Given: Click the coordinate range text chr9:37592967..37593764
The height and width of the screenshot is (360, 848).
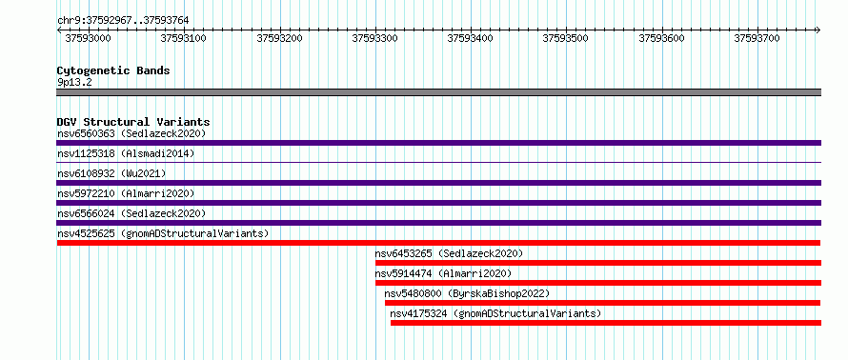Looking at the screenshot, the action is (x=123, y=21).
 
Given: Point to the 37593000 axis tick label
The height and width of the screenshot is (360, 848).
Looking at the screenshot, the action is (x=89, y=38).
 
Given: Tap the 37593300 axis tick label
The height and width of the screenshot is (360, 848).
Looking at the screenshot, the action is (x=375, y=38).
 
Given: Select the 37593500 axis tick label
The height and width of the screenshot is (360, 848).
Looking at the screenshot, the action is (x=566, y=38).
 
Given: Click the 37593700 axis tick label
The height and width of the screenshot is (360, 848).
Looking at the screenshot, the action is (x=757, y=38).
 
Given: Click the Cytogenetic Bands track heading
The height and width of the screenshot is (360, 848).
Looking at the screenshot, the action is (x=113, y=70).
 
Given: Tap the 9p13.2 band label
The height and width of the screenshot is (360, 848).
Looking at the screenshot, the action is (x=74, y=83).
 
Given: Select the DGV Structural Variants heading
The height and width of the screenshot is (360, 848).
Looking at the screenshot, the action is (x=133, y=122).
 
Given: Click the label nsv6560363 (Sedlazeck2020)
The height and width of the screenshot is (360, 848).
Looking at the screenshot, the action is (x=131, y=133).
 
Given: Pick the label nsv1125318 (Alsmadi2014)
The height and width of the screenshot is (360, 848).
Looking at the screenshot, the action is (x=126, y=153).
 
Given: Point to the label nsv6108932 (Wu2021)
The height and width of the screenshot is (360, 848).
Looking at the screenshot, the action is (x=111, y=173).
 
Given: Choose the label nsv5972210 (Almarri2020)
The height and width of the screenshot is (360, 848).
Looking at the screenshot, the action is (x=126, y=193).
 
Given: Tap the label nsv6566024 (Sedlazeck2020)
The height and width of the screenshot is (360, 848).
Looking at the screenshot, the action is (x=131, y=213).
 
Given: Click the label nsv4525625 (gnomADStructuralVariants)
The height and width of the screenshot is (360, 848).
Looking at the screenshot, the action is (x=163, y=233).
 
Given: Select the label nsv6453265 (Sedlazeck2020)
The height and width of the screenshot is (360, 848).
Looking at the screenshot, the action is (x=449, y=253).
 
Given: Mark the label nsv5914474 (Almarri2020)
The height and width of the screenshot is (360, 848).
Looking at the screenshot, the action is (x=443, y=273).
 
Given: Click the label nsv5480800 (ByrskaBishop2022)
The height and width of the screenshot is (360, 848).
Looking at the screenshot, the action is (x=467, y=293).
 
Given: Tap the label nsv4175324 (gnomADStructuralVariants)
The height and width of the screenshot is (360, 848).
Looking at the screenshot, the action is (x=495, y=313).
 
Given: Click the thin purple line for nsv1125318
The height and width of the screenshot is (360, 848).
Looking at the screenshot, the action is (x=438, y=162).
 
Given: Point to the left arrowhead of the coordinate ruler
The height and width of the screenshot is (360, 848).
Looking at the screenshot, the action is (x=58, y=30).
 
